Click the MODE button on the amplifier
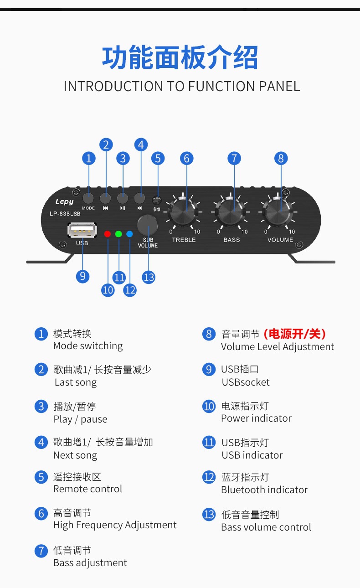tap(88, 198)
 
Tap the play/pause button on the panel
tap(123, 198)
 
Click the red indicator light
tap(108, 234)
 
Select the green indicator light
tap(118, 234)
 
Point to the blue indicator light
tap(129, 234)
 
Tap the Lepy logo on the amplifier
tap(64, 201)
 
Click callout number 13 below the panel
tap(149, 277)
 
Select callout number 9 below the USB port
tap(82, 276)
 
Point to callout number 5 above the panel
tap(158, 158)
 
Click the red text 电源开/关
tap(294, 334)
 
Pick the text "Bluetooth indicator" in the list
tap(264, 490)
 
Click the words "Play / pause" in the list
tap(80, 419)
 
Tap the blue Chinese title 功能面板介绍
tap(180, 58)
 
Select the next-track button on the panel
tap(140, 198)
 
